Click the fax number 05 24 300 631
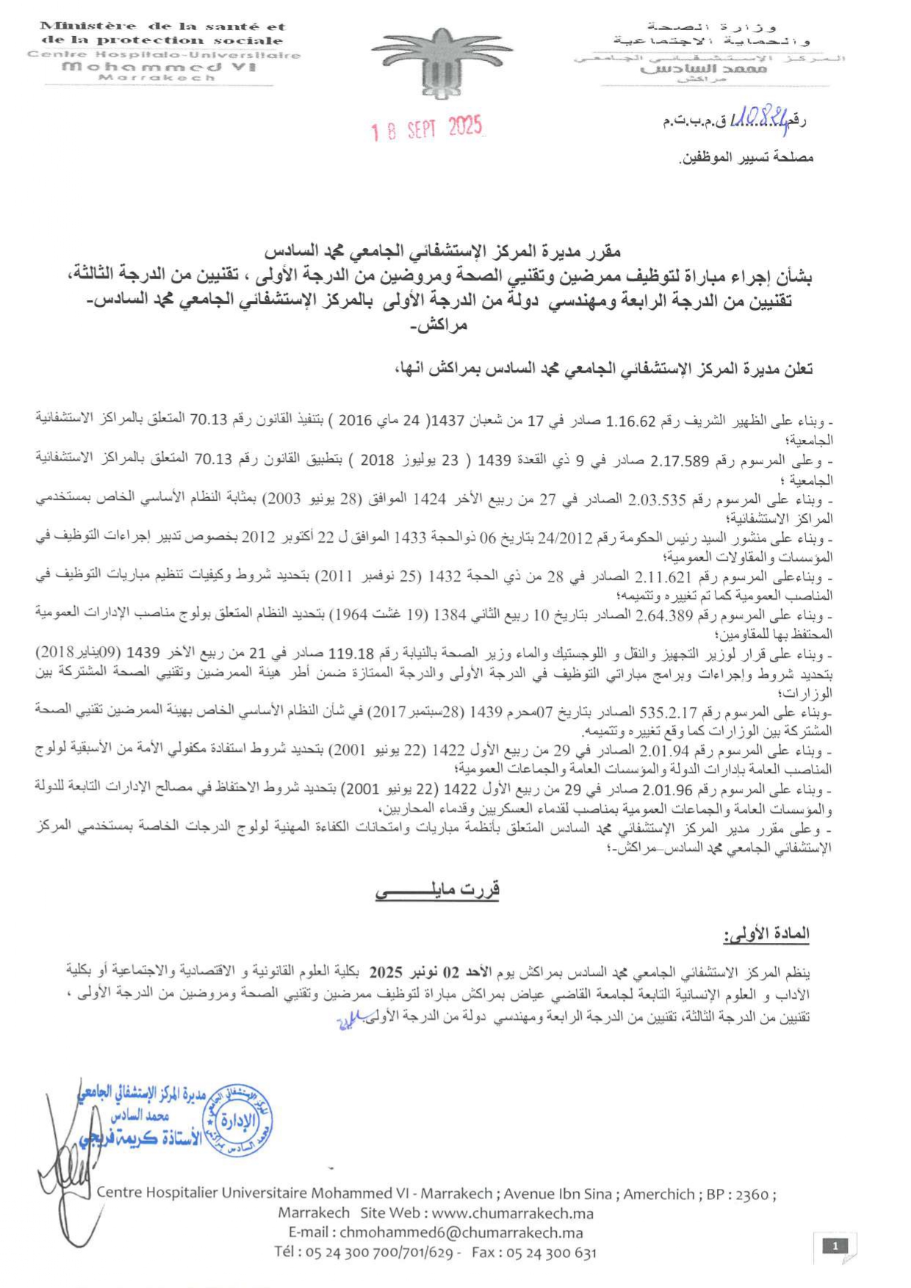[551, 1253]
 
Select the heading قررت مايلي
[438, 890]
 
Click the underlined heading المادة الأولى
[766, 934]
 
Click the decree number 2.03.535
[657, 500]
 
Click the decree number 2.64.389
[663, 615]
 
